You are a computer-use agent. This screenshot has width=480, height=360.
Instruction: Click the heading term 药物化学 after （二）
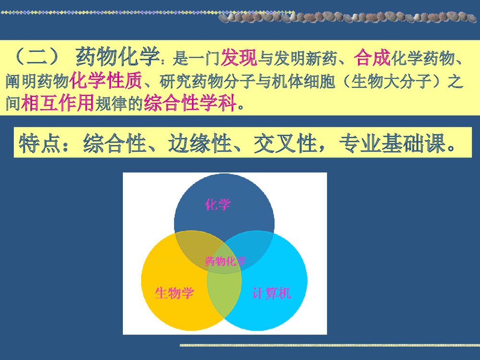point(117,59)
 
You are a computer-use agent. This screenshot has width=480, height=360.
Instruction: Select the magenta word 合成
point(372,59)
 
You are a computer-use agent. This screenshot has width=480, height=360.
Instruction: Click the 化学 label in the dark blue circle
point(217,205)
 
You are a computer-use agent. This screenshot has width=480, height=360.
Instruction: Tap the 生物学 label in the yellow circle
point(174,293)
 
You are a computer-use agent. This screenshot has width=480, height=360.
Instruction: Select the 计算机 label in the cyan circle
point(272,293)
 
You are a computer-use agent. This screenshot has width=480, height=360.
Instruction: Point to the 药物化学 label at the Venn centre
point(225,261)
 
